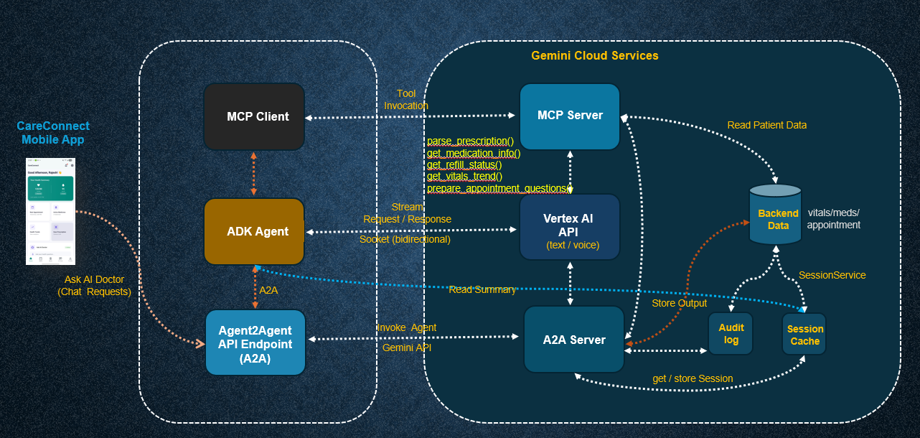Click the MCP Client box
[254, 116]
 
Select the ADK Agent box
[254, 231]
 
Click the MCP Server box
[570, 116]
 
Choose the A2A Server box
[573, 340]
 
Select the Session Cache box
[804, 335]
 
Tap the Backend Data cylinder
[775, 215]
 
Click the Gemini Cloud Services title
[594, 55]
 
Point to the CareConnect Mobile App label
[51, 133]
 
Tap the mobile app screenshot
[50, 210]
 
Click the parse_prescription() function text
[470, 141]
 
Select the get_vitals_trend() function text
[464, 177]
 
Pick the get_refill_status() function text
[464, 165]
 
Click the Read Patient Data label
[766, 125]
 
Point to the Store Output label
[679, 303]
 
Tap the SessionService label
[832, 275]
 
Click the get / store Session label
[693, 378]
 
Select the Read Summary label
[482, 289]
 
